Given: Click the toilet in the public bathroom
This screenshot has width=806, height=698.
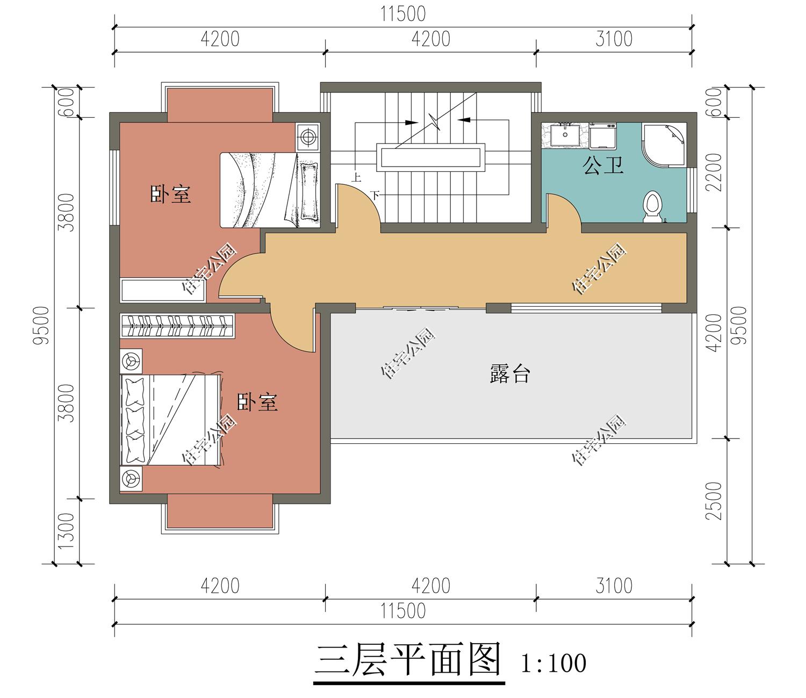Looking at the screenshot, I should (653, 206).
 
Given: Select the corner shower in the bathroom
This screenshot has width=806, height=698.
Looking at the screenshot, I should (666, 143).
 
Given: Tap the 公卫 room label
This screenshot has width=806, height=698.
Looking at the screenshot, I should (603, 165).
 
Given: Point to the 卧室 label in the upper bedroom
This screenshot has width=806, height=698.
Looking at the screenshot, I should (170, 194).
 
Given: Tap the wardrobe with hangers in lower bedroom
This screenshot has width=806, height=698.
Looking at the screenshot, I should (177, 326).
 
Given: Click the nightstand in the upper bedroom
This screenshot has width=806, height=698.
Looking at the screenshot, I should (308, 136).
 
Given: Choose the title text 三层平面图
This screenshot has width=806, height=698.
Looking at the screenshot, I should (408, 660).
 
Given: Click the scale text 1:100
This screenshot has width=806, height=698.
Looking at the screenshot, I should (553, 663).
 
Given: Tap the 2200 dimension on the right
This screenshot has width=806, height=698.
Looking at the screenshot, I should (714, 172).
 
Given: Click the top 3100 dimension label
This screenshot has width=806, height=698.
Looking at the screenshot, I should (614, 39).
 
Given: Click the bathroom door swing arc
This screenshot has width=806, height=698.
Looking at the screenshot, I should (564, 211).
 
